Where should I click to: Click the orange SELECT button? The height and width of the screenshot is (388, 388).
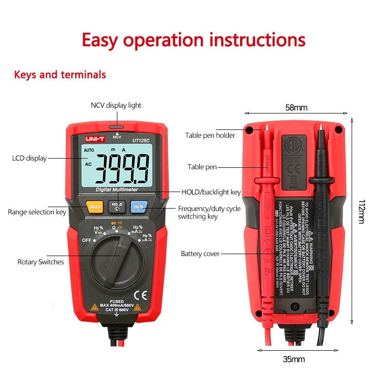click(95, 207)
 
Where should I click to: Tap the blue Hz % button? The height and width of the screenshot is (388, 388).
click(138, 207)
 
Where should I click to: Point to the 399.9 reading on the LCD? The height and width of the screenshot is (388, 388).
click(122, 168)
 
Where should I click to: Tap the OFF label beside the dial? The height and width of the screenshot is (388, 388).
click(87, 240)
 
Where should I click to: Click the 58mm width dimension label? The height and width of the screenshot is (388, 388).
click(296, 108)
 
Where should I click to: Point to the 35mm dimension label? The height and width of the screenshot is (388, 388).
click(294, 359)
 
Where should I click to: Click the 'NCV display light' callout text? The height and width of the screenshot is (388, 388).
click(116, 105)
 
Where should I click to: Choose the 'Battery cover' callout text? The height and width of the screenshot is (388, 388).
click(200, 254)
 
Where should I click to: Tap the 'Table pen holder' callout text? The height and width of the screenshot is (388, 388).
click(210, 135)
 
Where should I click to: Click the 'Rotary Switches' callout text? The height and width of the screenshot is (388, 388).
click(41, 262)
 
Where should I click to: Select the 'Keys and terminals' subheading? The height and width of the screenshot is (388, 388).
click(60, 75)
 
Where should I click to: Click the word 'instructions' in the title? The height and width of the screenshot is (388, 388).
click(258, 40)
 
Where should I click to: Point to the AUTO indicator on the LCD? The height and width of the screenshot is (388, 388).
click(89, 150)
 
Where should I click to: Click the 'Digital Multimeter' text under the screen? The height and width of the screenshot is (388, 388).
click(116, 189)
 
